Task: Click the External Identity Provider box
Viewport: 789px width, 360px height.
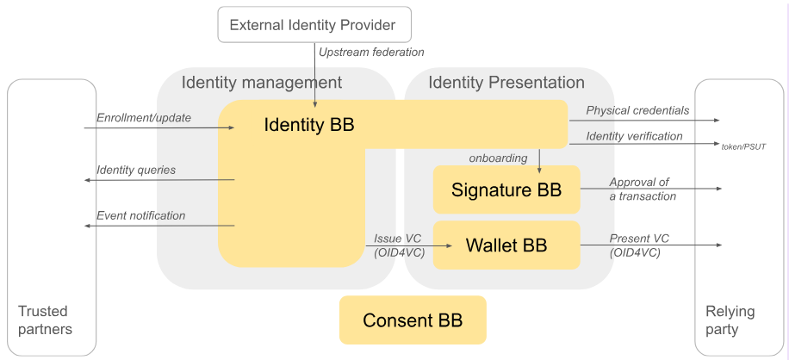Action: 313,24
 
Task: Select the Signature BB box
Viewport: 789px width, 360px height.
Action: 506,189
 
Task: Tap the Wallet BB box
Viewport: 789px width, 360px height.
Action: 506,245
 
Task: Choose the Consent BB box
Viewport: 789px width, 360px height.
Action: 413,320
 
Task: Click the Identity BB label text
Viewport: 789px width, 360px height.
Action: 308,125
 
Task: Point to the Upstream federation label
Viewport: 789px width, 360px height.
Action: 371,53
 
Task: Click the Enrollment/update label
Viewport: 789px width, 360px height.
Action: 144,117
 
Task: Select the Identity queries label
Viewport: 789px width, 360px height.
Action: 136,170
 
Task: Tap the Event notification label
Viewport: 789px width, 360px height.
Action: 140,215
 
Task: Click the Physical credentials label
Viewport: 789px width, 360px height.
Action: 637,110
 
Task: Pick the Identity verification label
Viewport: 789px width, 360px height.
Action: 634,136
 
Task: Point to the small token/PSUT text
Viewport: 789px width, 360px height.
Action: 742,147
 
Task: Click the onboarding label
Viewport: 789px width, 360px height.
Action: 498,158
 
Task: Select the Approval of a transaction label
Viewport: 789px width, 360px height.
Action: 642,189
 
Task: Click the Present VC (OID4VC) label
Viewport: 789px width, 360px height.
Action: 639,245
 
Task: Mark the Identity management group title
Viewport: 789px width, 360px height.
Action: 261,83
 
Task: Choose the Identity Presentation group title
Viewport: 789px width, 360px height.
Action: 506,83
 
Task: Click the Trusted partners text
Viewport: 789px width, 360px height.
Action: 45,320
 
